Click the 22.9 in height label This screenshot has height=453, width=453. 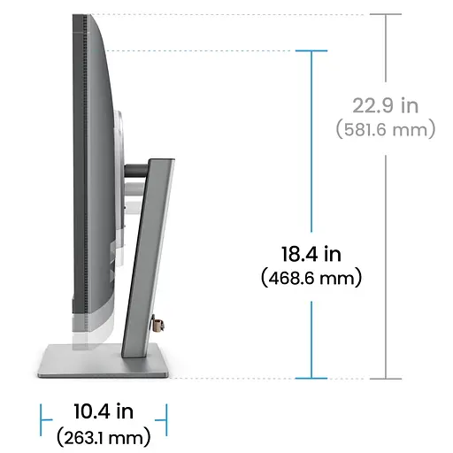click(385, 106)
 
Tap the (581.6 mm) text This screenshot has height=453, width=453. click(386, 129)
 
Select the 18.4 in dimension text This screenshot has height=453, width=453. click(311, 255)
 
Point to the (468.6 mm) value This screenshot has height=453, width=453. click(311, 278)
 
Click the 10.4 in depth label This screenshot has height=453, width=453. click(103, 411)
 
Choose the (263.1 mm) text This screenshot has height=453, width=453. click(103, 435)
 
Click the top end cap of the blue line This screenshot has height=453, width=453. click(311, 51)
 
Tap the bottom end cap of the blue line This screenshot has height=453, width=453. click(311, 378)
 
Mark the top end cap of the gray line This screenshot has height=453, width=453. click(386, 13)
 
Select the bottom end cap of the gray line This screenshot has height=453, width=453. click(386, 378)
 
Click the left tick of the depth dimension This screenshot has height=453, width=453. click(42, 413)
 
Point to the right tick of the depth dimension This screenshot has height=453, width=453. click(165, 413)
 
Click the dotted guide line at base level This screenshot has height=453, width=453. click(230, 378)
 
